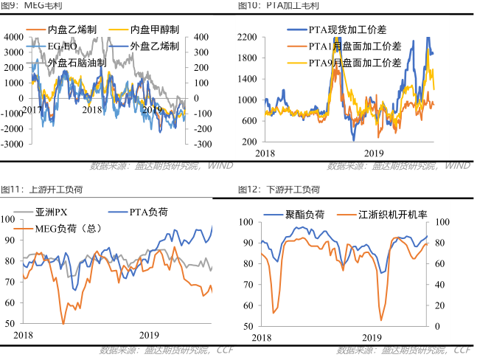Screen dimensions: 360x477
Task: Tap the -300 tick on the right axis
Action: [x=201, y=143]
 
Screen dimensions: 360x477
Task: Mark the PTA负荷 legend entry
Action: [x=148, y=212]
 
